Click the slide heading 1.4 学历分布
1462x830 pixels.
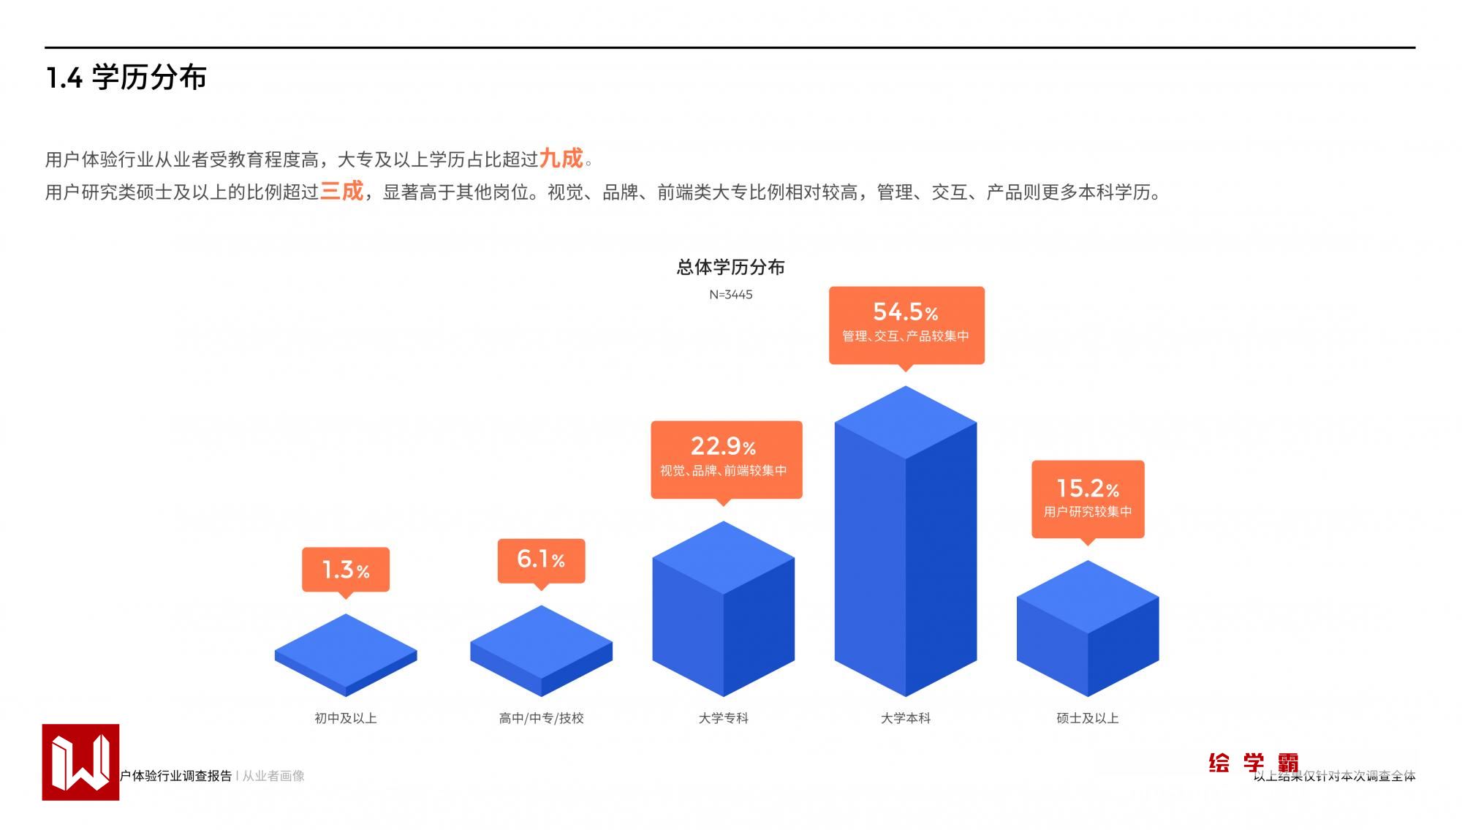point(126,78)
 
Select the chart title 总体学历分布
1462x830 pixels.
point(730,268)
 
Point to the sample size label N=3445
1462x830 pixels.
point(730,295)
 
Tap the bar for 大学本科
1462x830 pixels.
point(905,541)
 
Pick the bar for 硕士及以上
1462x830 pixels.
point(1087,628)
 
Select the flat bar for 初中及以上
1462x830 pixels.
point(346,654)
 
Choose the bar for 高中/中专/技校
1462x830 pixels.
point(541,650)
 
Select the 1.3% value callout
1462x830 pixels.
point(346,569)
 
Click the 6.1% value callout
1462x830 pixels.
point(541,560)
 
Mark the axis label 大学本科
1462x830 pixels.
point(905,718)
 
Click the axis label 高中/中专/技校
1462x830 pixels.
point(541,718)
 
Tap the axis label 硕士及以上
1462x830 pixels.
point(1087,718)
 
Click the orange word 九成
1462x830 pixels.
point(561,158)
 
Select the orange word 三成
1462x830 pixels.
point(341,191)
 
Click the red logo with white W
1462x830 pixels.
point(80,762)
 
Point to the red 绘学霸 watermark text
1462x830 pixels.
point(1253,763)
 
